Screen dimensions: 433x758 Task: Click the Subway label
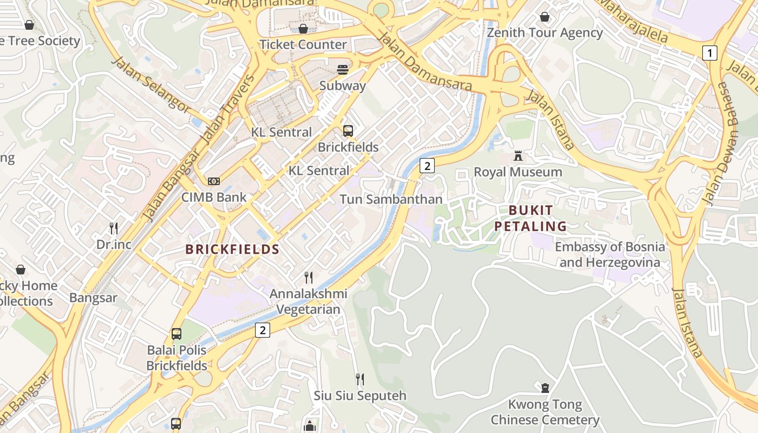[342, 86]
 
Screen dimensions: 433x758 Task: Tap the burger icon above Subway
[342, 69]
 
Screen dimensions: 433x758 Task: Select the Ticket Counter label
[303, 44]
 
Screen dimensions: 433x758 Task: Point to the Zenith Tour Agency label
[545, 32]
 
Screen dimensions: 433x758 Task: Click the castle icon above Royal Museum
[518, 156]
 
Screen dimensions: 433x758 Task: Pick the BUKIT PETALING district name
[531, 218]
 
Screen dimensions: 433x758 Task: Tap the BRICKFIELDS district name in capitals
[232, 250]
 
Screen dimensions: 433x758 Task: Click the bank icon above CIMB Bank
[214, 181]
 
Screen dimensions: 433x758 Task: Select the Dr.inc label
[114, 244]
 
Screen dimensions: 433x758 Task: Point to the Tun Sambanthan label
[391, 199]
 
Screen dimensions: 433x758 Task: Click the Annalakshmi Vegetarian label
[309, 301]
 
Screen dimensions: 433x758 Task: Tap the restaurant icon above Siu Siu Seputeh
[360, 379]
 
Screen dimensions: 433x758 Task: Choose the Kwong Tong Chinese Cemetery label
[545, 412]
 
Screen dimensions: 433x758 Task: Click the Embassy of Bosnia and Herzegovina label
[610, 255]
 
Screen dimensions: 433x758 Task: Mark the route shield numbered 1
[709, 53]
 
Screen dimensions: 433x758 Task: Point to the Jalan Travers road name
[228, 108]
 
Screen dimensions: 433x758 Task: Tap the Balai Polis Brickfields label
[177, 358]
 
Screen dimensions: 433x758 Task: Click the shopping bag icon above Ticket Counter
[303, 28]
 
